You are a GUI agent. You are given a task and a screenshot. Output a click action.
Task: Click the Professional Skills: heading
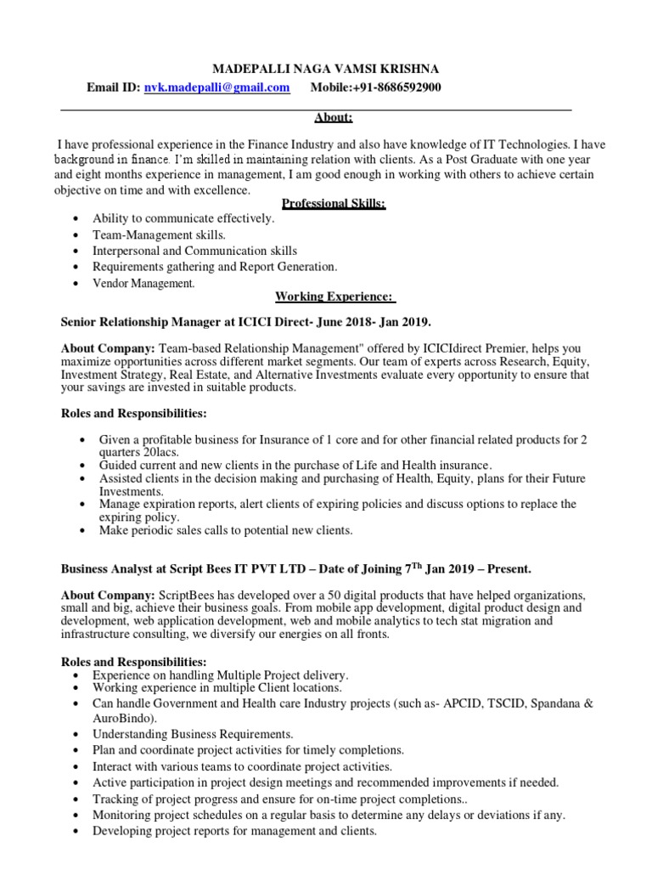pos(334,204)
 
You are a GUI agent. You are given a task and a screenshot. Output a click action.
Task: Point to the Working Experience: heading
pos(334,297)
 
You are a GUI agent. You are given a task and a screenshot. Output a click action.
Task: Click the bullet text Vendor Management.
pos(143,283)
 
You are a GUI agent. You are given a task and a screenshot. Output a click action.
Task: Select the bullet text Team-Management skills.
pos(159,234)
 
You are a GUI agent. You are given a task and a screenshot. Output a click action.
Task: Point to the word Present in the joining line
pos(486,568)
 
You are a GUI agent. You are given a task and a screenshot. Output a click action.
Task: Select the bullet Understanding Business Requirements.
pos(193,733)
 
